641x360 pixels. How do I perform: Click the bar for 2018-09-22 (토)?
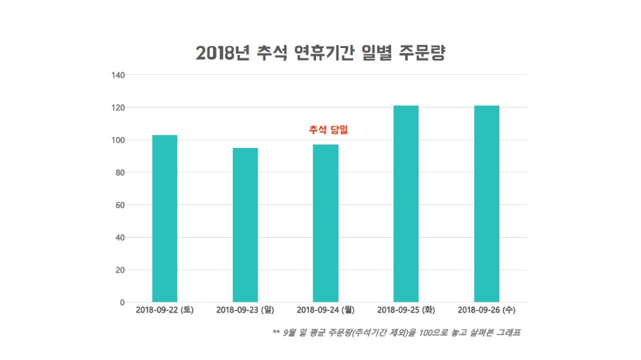click(165, 218)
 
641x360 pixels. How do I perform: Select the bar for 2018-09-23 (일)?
click(246, 225)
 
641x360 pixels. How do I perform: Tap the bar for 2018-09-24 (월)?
click(326, 223)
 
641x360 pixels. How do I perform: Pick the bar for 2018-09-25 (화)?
click(406, 204)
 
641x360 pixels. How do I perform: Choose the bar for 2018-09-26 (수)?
click(487, 204)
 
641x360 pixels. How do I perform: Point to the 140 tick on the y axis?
click(117, 75)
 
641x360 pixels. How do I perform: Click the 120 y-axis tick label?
click(117, 108)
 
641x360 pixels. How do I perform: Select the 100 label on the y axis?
click(117, 140)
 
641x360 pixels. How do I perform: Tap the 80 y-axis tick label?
click(119, 173)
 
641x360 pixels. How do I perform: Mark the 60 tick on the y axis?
click(119, 206)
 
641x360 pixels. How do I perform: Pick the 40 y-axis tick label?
click(119, 238)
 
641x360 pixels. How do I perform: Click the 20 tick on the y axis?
click(119, 270)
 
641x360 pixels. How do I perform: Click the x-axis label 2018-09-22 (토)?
click(165, 311)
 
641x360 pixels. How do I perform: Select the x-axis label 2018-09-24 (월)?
click(326, 311)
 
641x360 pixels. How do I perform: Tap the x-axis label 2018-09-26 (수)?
click(487, 311)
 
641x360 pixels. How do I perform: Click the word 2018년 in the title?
click(220, 53)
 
